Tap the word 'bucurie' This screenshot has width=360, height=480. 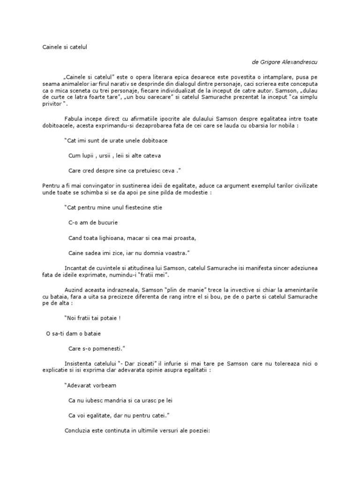pos(107,222)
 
